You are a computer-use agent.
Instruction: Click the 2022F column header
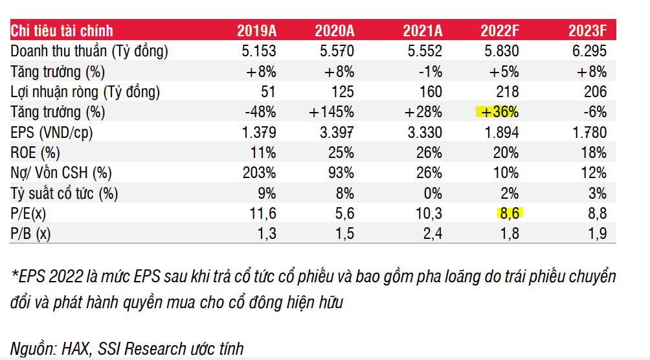pos(500,30)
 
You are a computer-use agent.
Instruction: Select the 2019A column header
pos(256,30)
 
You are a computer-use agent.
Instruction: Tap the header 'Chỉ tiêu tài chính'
pos(62,30)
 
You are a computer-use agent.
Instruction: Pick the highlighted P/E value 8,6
pos(508,214)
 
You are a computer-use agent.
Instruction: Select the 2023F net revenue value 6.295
pos(588,51)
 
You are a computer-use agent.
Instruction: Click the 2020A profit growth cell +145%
pos(331,112)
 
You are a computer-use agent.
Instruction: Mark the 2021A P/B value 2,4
pos(430,234)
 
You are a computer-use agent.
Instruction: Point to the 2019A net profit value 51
pos(267,92)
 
